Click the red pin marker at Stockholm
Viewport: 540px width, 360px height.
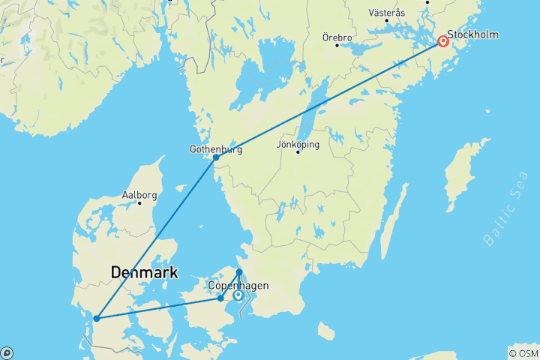443,42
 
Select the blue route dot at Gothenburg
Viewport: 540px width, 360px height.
216,157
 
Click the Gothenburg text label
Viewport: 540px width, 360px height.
215,148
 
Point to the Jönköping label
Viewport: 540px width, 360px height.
298,143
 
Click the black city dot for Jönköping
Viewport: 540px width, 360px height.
298,152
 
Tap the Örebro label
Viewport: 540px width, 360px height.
337,36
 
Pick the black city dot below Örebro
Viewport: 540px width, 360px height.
337,45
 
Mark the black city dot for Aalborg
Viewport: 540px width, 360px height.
139,203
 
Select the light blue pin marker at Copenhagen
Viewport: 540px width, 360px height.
238,295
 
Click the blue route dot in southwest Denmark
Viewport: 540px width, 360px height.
97,319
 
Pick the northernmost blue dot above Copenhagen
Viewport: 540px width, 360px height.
239,271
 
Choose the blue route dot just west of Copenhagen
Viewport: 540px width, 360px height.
220,298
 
